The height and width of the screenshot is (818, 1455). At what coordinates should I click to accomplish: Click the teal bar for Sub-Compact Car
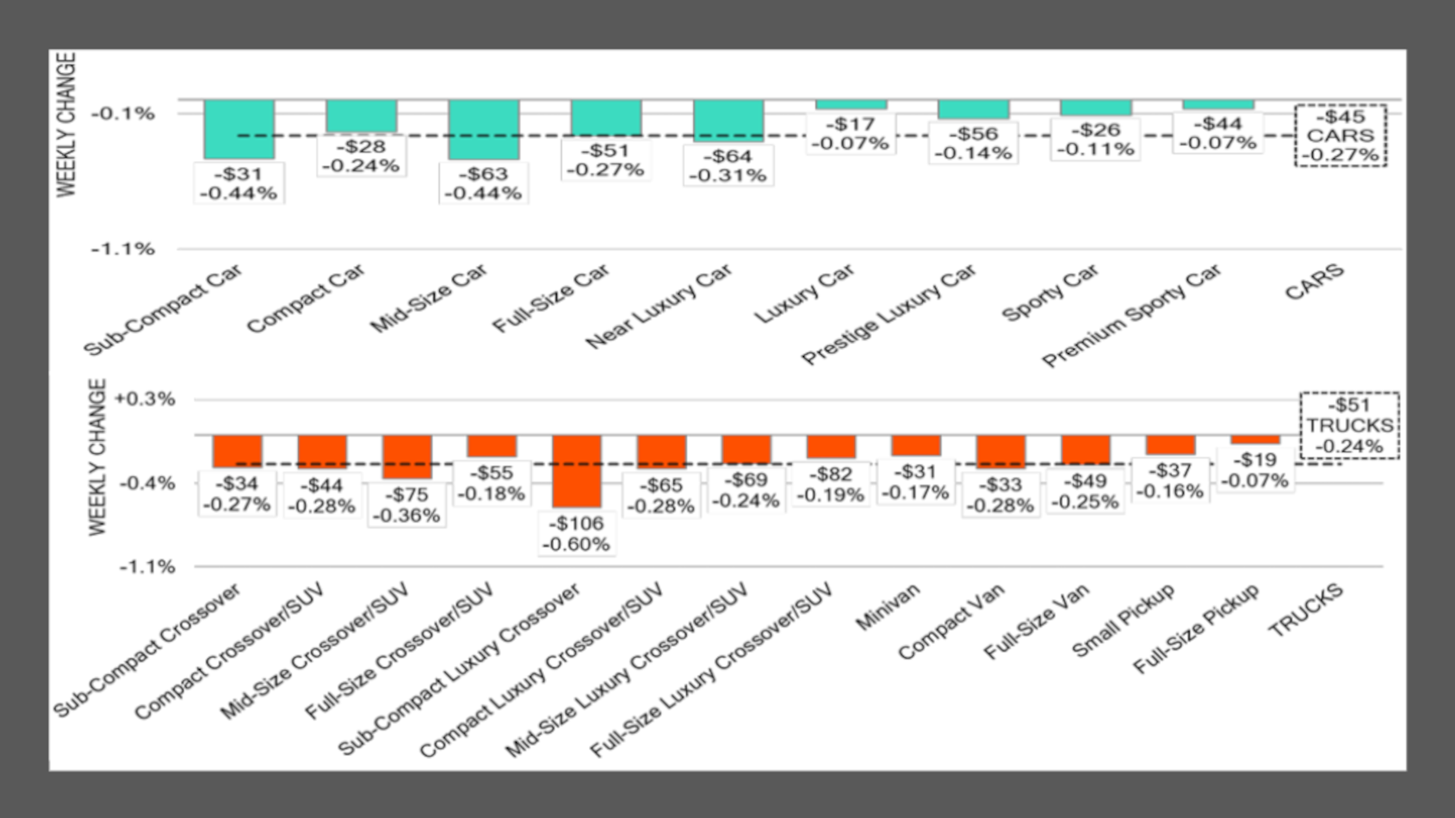click(x=238, y=129)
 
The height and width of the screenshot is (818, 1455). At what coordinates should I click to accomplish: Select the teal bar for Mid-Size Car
click(x=483, y=129)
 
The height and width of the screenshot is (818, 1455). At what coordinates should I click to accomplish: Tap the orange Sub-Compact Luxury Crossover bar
click(x=576, y=471)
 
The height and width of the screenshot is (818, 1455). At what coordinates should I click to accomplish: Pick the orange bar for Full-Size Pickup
click(x=1254, y=440)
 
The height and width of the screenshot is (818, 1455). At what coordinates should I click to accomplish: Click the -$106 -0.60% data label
click(x=576, y=534)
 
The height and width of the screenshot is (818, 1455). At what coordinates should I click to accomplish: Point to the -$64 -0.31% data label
click(x=728, y=165)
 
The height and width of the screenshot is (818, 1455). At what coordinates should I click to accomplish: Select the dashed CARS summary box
click(x=1340, y=135)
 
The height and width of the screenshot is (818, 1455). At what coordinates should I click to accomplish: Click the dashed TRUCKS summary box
click(x=1349, y=425)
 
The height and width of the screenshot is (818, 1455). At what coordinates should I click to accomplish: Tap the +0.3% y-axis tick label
click(x=144, y=400)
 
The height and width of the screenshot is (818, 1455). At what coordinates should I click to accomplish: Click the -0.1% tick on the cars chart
click(x=123, y=114)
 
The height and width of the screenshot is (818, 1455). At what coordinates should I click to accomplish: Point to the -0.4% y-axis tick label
click(x=146, y=483)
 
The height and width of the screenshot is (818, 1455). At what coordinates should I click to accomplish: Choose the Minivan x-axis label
click(x=888, y=606)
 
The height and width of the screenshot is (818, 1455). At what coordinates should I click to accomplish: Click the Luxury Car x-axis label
click(x=805, y=294)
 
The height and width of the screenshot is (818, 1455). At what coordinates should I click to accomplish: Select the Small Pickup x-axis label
click(x=1123, y=620)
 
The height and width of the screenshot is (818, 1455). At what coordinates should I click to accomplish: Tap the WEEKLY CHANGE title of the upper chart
click(x=66, y=125)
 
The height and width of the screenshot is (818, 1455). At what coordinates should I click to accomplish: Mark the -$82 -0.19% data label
click(x=830, y=484)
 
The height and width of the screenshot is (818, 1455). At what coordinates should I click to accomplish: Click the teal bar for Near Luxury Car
click(x=728, y=121)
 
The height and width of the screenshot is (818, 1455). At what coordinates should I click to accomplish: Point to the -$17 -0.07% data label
click(x=851, y=133)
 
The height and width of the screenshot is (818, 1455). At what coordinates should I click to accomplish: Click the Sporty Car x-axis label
click(x=1050, y=293)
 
